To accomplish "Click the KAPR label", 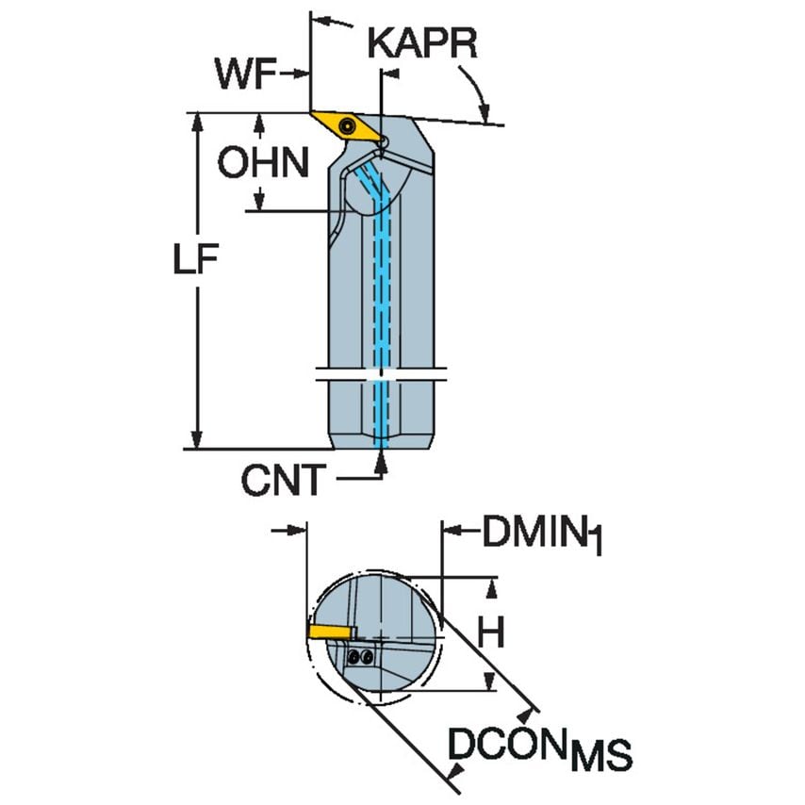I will pos(422,43).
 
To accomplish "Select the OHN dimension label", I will pos(262,163).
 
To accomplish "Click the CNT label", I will pos(282,482).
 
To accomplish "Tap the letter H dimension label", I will pos(489,634).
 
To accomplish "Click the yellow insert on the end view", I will pos(330,630).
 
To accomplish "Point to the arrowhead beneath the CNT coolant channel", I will pos(381,460).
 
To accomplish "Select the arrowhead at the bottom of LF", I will pos(196,438).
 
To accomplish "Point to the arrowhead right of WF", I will pos(304,73).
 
